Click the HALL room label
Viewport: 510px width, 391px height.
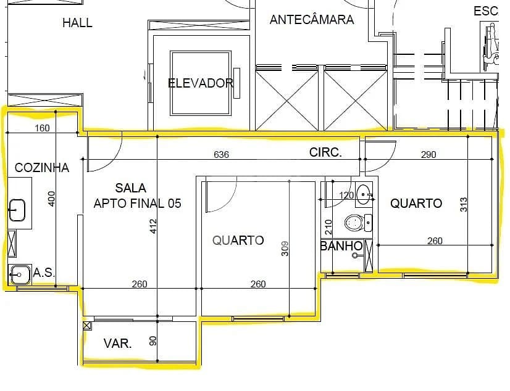click(77, 23)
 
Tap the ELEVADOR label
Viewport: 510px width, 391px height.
click(201, 83)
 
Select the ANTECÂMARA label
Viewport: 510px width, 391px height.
click(312, 20)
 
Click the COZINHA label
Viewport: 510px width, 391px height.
click(42, 168)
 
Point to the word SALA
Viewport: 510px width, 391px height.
click(131, 188)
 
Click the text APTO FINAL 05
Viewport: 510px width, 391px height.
click(137, 204)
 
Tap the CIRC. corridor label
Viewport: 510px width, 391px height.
click(325, 152)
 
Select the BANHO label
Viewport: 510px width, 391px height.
click(341, 246)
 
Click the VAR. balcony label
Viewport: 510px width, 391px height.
click(118, 344)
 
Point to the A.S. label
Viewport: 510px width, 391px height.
click(44, 273)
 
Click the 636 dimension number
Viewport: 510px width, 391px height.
click(221, 154)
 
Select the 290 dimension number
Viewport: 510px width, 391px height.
click(428, 154)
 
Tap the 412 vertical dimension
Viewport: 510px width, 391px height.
click(153, 226)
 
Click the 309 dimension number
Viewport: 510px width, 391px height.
click(285, 249)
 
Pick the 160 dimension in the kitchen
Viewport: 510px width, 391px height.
click(42, 128)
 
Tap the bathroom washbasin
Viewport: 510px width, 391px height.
click(364, 194)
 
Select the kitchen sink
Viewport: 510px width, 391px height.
click(17, 210)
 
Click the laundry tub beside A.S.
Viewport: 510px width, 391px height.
click(20, 274)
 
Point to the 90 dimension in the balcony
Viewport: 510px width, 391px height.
click(153, 340)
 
